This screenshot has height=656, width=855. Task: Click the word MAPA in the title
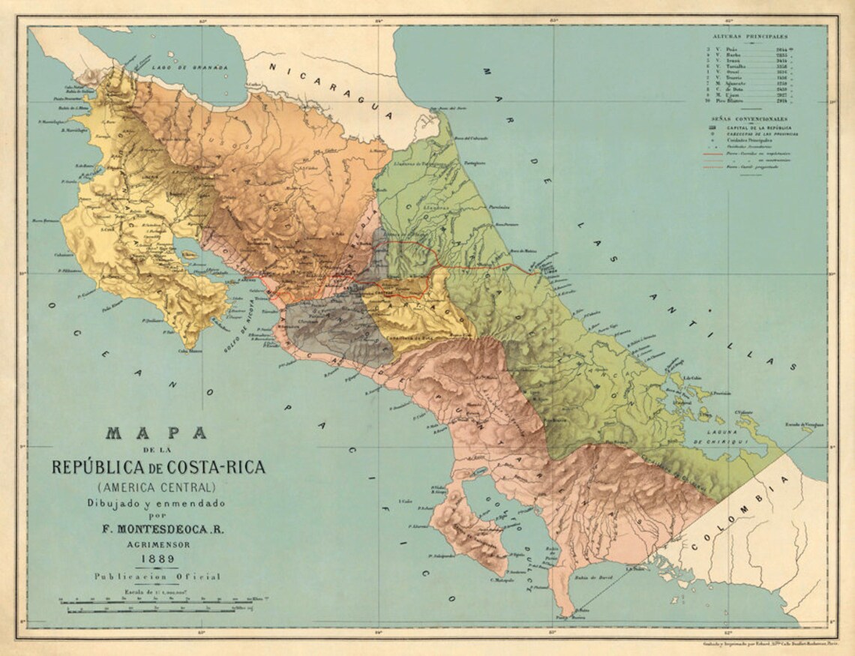(x=157, y=433)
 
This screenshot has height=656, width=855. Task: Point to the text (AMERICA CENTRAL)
(x=157, y=488)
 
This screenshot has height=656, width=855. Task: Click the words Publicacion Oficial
(x=157, y=577)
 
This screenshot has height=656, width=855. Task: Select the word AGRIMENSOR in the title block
(x=157, y=544)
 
